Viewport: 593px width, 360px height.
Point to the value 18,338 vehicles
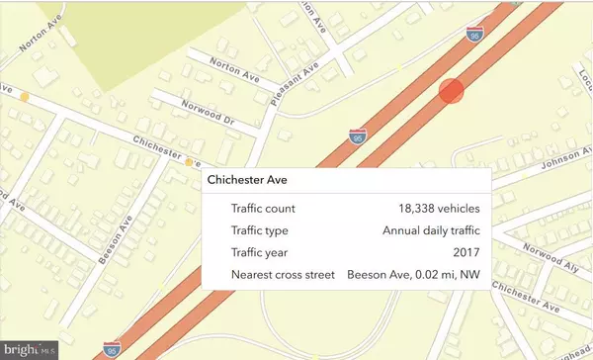pos(433,208)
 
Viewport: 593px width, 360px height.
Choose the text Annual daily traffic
pos(431,230)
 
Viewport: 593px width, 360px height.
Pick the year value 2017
pos(466,252)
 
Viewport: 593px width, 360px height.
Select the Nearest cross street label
pos(284,274)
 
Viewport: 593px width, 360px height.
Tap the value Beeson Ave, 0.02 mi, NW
pos(413,274)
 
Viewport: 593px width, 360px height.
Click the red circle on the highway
pos(451,90)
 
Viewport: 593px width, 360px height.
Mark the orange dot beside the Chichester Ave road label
pos(189,161)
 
